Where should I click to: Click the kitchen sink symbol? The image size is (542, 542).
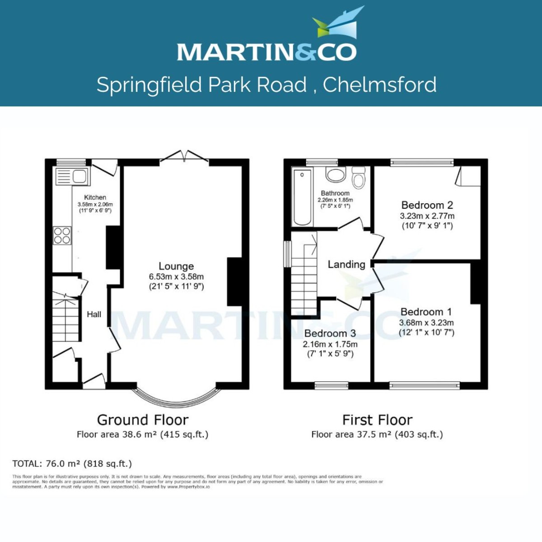coord(72,177)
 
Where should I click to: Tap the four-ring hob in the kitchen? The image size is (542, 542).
coord(62,235)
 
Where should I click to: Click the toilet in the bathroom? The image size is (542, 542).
coord(359,178)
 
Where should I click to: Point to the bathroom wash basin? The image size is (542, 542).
coord(335,175)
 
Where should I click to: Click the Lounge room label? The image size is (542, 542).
coord(176,266)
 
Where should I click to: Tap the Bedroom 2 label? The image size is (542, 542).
coord(427,205)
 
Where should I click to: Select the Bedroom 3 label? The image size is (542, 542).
coord(330,333)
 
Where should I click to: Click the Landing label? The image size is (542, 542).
coord(346,264)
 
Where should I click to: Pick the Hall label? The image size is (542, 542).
coord(94,314)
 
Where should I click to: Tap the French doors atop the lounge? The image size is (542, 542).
coord(184,156)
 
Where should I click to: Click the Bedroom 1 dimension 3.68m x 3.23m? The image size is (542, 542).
coord(426,322)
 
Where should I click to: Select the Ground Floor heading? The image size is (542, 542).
coord(143,420)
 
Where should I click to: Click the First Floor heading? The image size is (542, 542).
coord(377,420)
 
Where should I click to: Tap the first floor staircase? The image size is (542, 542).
coord(304,273)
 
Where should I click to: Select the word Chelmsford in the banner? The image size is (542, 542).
coord(379,85)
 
